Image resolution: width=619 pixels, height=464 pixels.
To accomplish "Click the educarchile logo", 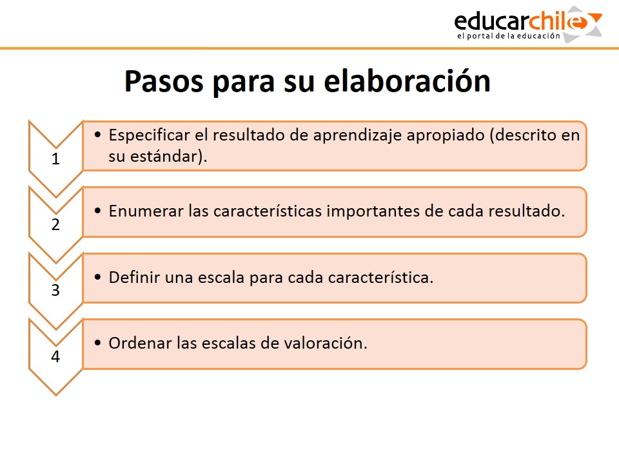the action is click(528, 24).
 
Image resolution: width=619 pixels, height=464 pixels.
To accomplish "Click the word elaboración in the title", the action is click(407, 81).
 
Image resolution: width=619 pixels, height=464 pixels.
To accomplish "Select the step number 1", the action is click(55, 159).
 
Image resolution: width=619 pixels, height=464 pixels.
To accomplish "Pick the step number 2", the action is click(55, 224).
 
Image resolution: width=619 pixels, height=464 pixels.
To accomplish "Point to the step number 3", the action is click(55, 291).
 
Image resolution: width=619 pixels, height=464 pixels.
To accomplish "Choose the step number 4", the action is click(55, 356).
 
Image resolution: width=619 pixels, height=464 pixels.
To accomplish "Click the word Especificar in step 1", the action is click(149, 135).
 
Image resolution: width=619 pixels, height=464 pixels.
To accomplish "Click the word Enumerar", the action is click(146, 211).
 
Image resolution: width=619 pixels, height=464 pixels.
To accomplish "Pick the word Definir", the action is click(134, 277).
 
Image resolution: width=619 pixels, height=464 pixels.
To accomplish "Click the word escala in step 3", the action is click(221, 277).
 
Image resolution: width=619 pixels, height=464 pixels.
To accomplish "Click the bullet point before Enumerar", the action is click(98, 211).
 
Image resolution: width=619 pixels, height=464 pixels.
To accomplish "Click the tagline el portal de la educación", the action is click(509, 36).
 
